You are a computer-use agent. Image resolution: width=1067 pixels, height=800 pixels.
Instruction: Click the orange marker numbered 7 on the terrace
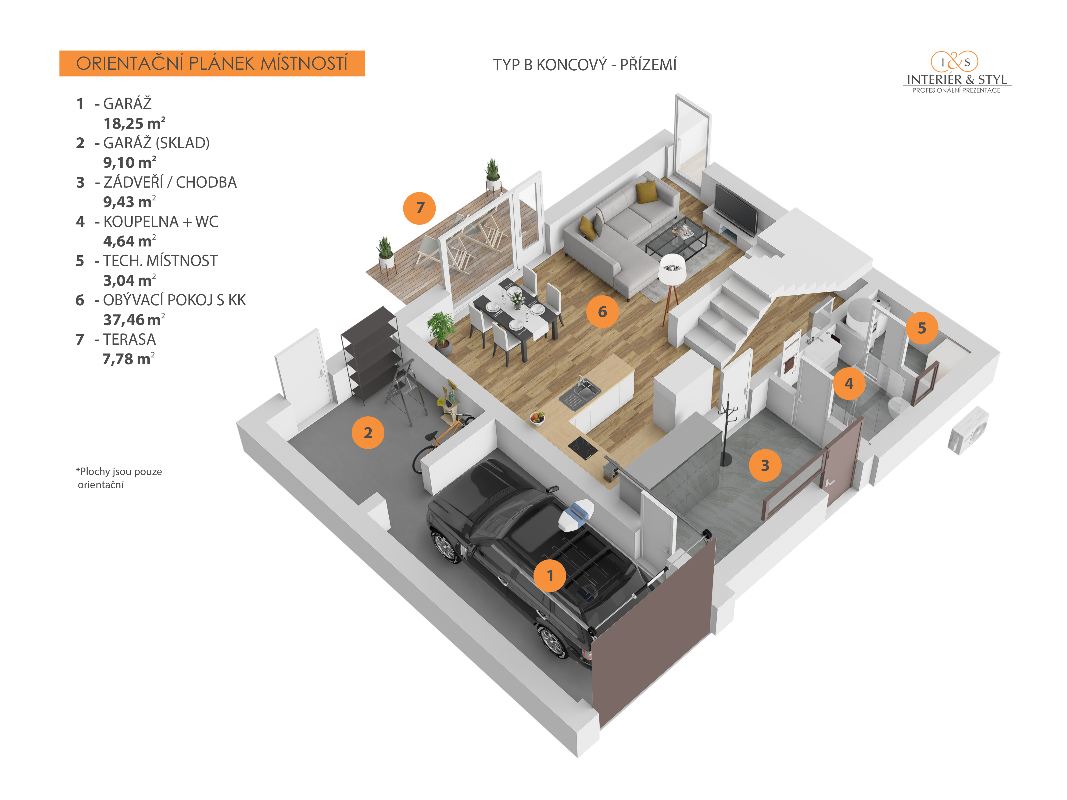click(419, 208)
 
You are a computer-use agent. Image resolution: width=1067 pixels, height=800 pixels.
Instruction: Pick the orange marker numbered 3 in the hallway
click(765, 465)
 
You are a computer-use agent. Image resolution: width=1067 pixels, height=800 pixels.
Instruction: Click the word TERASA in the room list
click(129, 339)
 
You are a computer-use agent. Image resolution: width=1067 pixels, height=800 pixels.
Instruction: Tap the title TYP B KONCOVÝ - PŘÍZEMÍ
click(585, 65)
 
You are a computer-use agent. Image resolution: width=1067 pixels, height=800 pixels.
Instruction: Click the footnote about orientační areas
click(119, 478)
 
